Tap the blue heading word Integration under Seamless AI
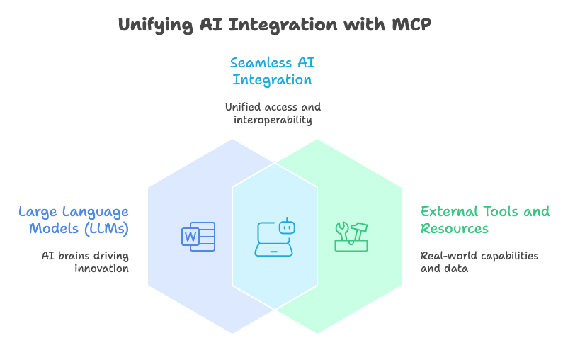click(x=273, y=80)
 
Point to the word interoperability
click(x=273, y=120)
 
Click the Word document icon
click(x=198, y=236)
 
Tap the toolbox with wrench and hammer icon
click(x=351, y=237)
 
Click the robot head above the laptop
click(x=285, y=227)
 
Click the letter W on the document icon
click(x=190, y=237)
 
